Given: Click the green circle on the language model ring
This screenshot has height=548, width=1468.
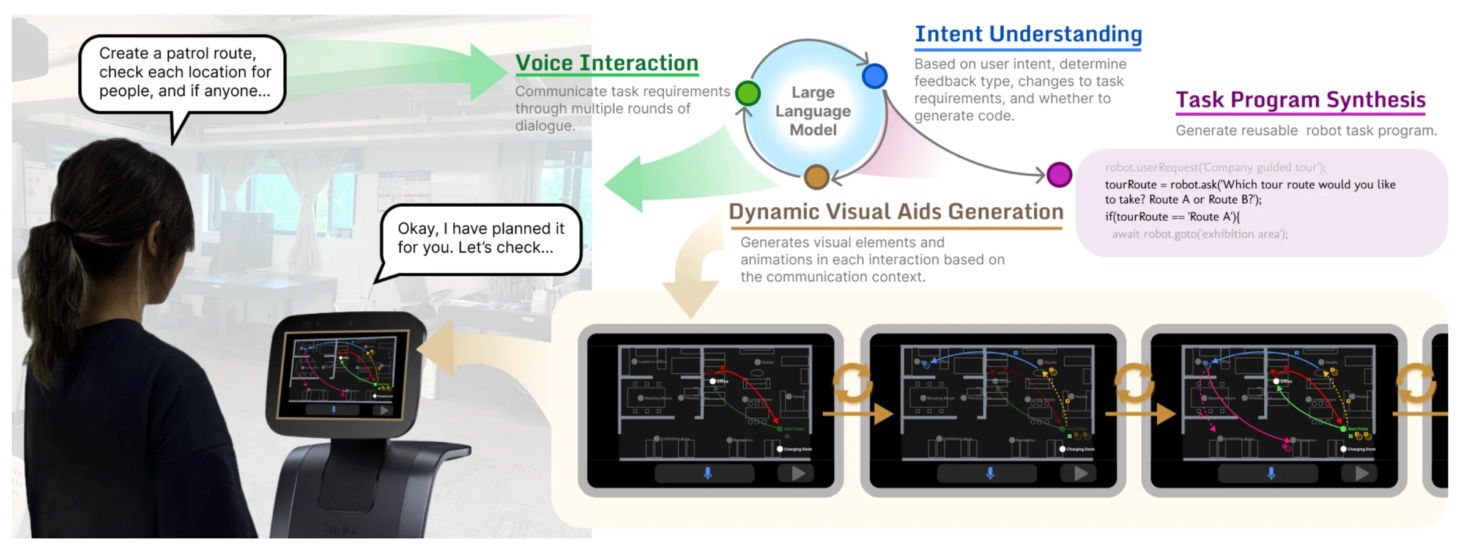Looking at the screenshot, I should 747,94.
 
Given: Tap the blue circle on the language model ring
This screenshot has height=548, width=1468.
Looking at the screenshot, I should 875,76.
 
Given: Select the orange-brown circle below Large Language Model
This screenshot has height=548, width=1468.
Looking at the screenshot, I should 817,177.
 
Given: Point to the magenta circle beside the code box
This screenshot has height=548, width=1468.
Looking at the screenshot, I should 1059,174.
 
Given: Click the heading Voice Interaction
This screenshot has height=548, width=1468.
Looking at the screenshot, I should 606,63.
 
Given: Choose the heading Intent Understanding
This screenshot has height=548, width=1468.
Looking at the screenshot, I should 1028,34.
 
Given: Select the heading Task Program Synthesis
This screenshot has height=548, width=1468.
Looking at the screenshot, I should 1300,100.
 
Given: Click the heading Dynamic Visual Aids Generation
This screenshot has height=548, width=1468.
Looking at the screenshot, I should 896,212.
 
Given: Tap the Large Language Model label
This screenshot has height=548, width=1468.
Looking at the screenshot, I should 813,111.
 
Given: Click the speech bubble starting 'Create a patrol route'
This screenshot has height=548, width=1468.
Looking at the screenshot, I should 183,73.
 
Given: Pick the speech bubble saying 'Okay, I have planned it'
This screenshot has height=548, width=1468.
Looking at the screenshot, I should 481,238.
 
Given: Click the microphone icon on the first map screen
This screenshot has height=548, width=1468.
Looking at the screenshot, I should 708,473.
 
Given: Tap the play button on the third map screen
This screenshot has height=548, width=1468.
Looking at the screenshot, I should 1362,473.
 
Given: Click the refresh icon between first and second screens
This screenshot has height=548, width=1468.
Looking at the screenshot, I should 853,383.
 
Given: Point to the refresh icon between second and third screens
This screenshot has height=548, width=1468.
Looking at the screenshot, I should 1134,383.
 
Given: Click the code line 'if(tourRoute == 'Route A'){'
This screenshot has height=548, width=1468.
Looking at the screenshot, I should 1172,217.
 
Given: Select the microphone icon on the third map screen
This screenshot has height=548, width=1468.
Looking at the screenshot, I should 1271,473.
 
